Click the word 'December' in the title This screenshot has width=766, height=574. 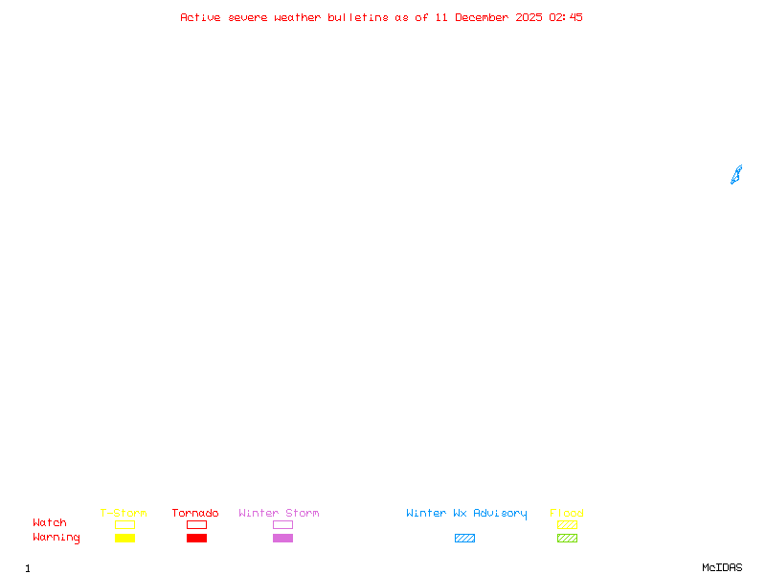pos(482,17)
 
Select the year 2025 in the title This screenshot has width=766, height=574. pos(529,17)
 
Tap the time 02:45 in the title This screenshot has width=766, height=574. pos(566,17)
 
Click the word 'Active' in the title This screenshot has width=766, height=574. pos(200,17)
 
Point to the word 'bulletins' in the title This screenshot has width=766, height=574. pos(357,17)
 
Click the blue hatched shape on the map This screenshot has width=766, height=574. pos(736,175)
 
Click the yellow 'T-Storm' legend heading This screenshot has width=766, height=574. pos(124,513)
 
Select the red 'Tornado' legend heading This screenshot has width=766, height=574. pos(195,513)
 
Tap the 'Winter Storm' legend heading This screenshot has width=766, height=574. pos(279,513)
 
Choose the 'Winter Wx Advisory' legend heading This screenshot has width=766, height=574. pos(466,514)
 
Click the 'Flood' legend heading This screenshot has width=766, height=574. pos(567,513)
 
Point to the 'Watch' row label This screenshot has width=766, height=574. pos(50,522)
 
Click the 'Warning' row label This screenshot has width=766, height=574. pos(56,538)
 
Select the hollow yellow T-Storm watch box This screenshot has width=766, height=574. pos(125,520)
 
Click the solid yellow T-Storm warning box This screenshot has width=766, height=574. pos(125,538)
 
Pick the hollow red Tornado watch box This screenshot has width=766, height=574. pos(197,520)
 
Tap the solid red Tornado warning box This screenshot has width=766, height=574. pos(197,538)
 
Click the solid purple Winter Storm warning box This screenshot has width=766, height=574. pos(282,538)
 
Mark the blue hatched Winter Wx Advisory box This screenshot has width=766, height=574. pos(464,538)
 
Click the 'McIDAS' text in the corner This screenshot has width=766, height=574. pos(722,567)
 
